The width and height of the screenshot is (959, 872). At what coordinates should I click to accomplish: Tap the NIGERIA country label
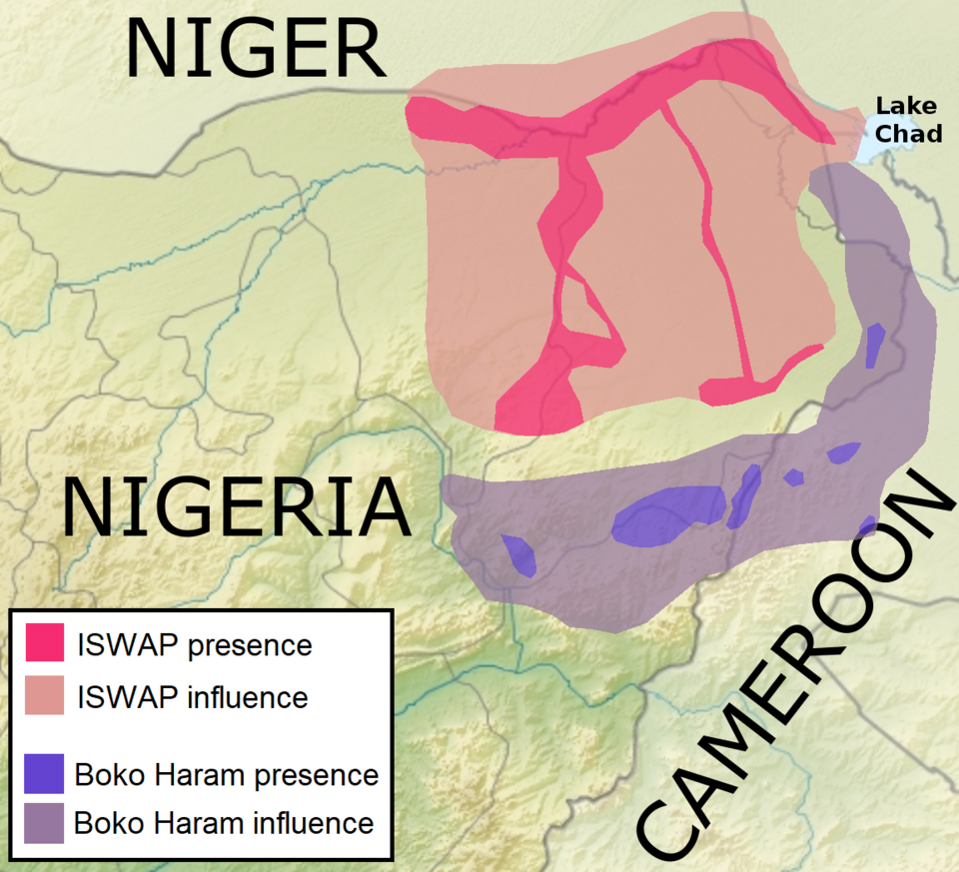[236, 507]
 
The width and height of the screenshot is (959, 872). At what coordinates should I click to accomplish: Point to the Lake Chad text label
[907, 119]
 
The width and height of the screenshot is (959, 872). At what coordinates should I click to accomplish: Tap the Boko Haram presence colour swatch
[44, 773]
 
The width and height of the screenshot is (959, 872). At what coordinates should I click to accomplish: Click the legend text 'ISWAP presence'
[194, 645]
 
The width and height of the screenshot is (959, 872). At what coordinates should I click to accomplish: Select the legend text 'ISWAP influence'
[192, 696]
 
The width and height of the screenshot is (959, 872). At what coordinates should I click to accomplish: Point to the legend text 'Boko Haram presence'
[227, 774]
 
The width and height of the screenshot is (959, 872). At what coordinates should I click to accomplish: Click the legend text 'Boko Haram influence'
[224, 824]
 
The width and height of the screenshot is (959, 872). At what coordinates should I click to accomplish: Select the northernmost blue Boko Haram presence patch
[875, 345]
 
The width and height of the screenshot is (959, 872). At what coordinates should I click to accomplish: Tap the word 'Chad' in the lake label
[917, 132]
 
